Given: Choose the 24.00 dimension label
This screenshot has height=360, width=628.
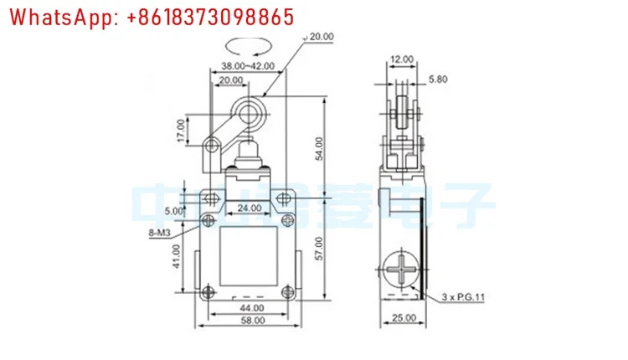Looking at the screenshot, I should coord(247,208).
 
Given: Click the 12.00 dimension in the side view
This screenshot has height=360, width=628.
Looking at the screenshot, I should coord(401,59).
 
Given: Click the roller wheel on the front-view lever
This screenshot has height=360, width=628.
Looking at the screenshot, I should coord(248,111).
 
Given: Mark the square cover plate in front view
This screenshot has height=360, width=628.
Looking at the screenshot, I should coord(247,256).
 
